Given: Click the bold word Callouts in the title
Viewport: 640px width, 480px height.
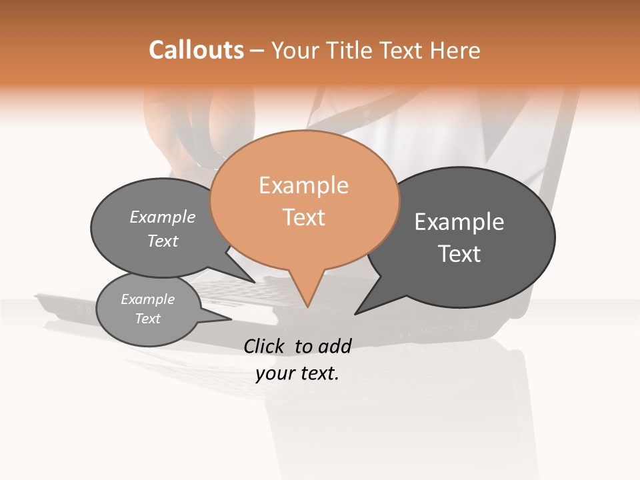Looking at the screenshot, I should [196, 50].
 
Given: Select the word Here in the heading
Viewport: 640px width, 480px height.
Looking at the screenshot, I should [455, 50].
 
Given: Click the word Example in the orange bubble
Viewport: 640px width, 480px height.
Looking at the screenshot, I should [303, 185].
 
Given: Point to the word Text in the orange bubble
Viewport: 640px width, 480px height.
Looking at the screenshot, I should [303, 217].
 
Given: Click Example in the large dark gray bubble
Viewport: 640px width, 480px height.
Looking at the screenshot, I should [459, 222].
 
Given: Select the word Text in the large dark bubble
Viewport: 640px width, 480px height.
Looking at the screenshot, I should [459, 254].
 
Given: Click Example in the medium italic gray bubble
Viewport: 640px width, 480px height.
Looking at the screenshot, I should [163, 217].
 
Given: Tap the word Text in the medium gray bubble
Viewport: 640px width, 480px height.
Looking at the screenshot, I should [163, 241].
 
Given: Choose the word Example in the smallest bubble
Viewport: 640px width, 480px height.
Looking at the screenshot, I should [148, 299].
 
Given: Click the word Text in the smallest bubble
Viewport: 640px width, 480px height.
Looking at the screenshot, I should [148, 319].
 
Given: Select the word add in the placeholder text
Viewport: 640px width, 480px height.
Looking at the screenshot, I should [335, 346].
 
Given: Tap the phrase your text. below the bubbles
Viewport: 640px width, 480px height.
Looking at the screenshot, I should [297, 373].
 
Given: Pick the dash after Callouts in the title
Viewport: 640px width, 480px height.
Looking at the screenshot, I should [258, 50].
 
